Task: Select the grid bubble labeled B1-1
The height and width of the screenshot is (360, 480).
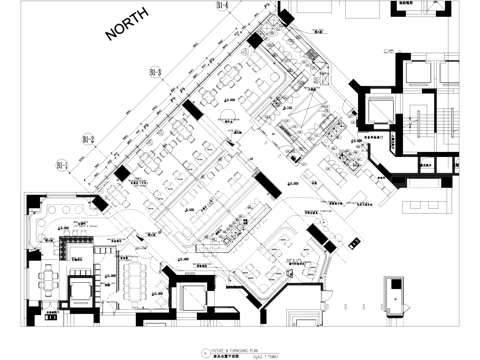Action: (60, 164)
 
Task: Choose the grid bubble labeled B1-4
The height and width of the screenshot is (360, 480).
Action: (222, 6)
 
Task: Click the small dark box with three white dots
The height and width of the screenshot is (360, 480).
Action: (352, 241)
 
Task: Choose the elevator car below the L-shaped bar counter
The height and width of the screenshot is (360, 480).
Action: (77, 291)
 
